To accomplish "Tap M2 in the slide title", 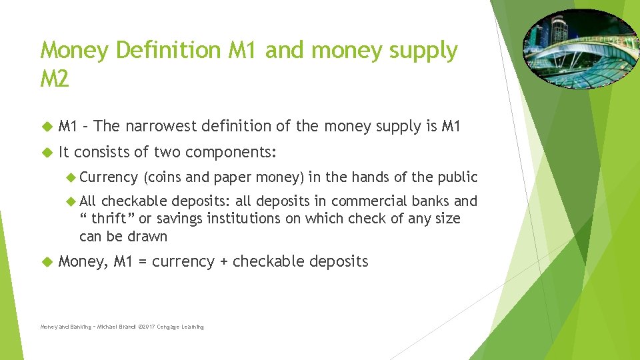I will click(x=55, y=80).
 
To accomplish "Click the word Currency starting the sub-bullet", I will click(x=107, y=177).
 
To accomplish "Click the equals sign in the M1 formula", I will click(x=143, y=262).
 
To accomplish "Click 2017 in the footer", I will click(x=143, y=327).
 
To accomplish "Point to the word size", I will click(x=445, y=219).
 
